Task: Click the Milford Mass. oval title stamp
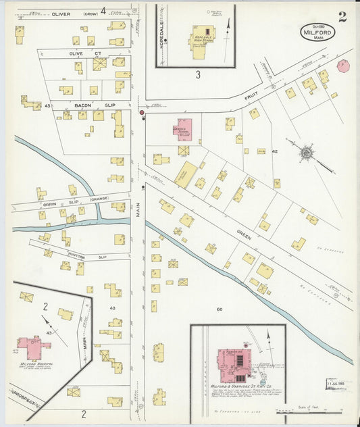tap(317, 32)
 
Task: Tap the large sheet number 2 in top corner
tap(342, 17)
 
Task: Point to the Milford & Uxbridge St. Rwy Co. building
tap(233, 365)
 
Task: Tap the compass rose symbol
tap(307, 153)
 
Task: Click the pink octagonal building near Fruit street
tap(343, 66)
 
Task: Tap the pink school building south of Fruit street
tap(182, 129)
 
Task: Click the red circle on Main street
tap(142, 113)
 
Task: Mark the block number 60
tap(220, 309)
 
